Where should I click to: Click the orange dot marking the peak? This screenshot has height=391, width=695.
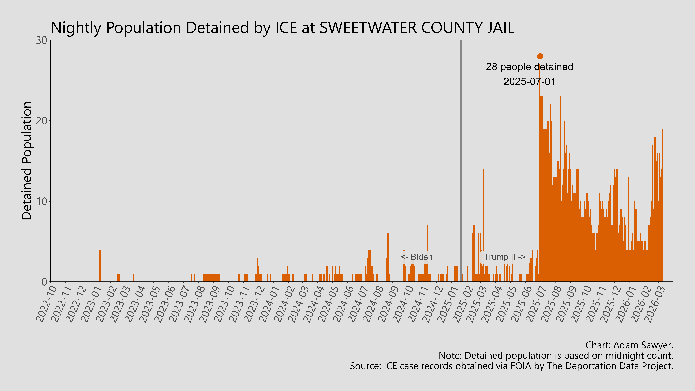[x=540, y=56]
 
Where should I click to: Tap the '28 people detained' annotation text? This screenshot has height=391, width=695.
[x=529, y=67]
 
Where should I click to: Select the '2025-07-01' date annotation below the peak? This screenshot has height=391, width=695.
[x=529, y=81]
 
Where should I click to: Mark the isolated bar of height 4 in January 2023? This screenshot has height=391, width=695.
[x=100, y=266]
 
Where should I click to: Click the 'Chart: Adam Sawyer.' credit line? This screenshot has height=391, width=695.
[x=629, y=345]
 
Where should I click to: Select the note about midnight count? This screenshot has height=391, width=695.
[x=556, y=356]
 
